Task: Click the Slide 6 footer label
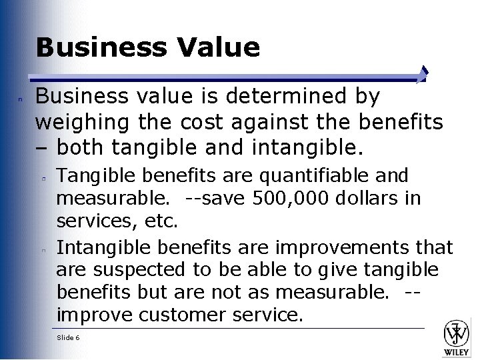pos(69,338)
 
